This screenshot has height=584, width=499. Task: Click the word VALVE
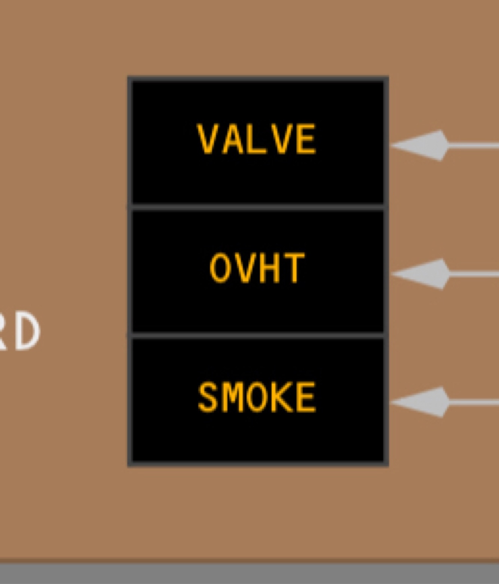[257, 139]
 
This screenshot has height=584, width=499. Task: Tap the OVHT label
[257, 268]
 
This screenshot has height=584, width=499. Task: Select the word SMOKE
[257, 397]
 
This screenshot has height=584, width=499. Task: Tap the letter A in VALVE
[233, 139]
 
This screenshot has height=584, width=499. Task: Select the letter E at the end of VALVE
[306, 139]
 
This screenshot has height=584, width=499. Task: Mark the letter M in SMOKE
[232, 397]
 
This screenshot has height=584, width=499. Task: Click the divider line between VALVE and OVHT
[257, 207]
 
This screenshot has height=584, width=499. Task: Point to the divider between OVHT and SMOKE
[257, 336]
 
